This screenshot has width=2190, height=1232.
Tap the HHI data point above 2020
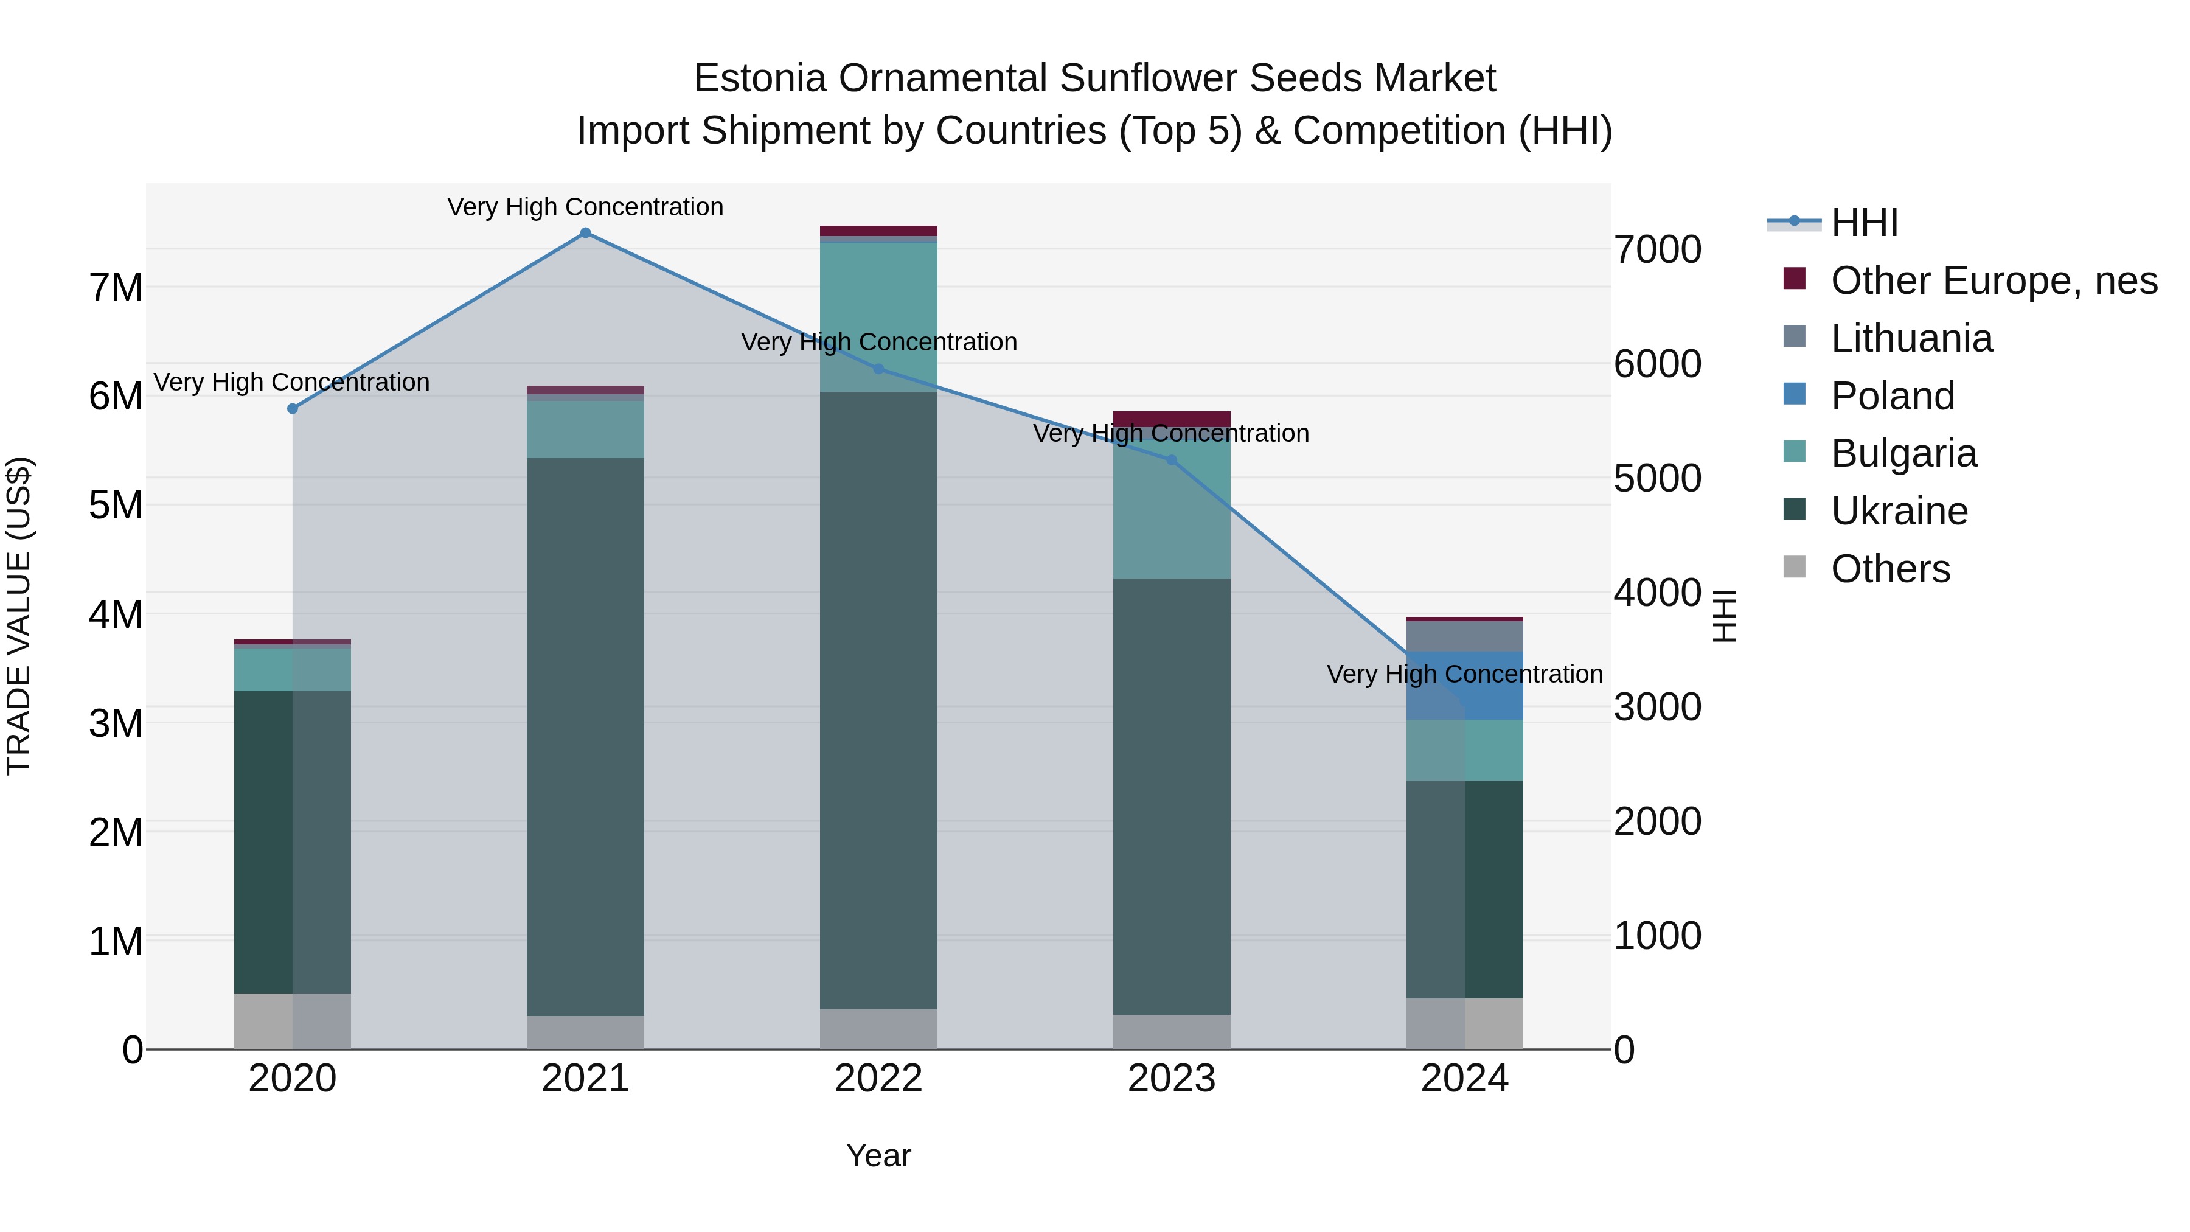293,409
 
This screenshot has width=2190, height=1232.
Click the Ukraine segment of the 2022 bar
878,697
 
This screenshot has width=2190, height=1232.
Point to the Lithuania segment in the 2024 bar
1464,636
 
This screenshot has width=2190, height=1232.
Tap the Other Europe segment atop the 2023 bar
1172,419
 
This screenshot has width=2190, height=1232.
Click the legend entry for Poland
1893,396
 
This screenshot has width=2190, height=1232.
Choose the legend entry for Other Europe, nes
1994,280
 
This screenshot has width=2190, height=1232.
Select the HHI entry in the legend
1863,223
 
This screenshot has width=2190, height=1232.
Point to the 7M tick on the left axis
116,287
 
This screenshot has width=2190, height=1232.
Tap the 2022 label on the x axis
878,1079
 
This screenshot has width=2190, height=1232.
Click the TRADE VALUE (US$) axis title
19,616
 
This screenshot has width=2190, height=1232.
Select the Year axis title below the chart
878,1155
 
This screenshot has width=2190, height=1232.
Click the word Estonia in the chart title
759,78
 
